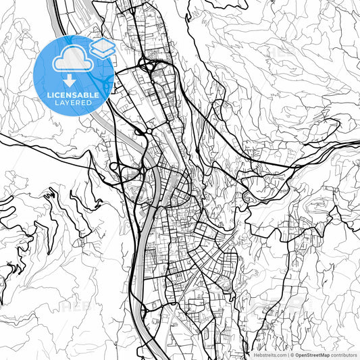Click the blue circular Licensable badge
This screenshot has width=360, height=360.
point(74,76)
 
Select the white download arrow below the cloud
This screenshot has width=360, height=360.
point(70,80)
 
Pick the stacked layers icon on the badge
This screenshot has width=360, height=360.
point(102,48)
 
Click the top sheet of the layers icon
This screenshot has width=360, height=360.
point(102,44)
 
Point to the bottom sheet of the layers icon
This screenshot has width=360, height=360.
point(102,53)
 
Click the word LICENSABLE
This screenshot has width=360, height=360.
point(73,95)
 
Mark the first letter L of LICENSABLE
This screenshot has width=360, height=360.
point(49,95)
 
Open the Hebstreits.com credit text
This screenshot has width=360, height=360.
point(269,354)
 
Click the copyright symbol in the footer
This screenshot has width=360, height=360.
point(292,354)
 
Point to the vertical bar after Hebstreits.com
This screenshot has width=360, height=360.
point(287,354)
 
